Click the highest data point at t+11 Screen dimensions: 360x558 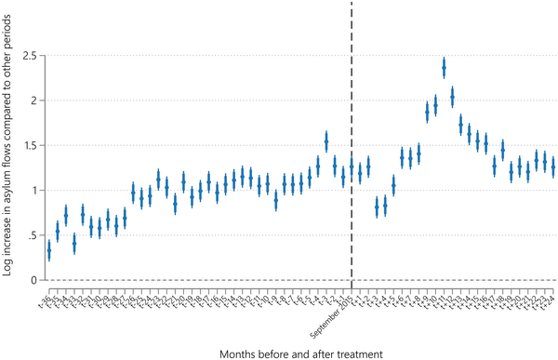(444, 67)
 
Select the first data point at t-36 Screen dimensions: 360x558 (49, 250)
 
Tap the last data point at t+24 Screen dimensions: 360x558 (552, 167)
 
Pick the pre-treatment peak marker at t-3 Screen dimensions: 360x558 (326, 140)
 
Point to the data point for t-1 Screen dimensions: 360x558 (343, 177)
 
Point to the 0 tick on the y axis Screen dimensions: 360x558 (35, 280)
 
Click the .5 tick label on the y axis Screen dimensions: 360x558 (33, 235)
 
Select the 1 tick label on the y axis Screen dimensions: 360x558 (35, 191)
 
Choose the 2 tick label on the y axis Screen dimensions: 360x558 (35, 100)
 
